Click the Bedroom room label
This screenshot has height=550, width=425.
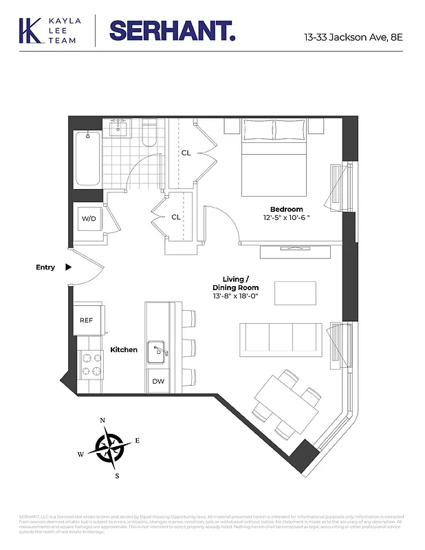click(286, 209)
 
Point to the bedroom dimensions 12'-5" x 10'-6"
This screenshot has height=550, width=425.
click(286, 218)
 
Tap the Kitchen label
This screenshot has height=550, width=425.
click(124, 350)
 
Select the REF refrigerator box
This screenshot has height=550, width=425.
click(87, 320)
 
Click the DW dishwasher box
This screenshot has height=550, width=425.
click(158, 381)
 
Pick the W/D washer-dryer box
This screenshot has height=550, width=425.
click(89, 219)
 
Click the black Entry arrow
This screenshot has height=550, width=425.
click(68, 267)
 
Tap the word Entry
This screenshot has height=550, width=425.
click(45, 267)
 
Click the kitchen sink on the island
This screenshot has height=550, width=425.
click(158, 351)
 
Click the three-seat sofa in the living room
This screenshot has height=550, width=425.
click(280, 338)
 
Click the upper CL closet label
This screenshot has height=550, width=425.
click(186, 153)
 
